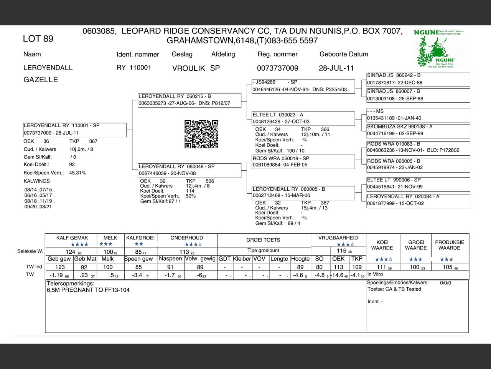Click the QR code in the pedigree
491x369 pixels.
click(x=201, y=134)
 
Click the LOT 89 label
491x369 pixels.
click(x=38, y=39)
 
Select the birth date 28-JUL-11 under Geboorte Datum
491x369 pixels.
click(x=336, y=68)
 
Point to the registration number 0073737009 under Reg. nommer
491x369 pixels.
click(x=277, y=68)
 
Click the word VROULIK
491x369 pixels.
click(x=188, y=68)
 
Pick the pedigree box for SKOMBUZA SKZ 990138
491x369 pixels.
click(x=418, y=130)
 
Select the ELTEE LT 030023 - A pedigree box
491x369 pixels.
click(x=303, y=118)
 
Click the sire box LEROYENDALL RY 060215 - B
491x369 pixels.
click(x=189, y=100)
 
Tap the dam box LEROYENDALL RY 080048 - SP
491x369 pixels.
click(x=189, y=170)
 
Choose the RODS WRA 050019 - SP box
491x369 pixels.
click(x=303, y=162)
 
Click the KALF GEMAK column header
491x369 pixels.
click(x=72, y=238)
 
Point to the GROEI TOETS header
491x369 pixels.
click(x=263, y=240)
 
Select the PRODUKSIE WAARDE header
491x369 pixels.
click(x=449, y=245)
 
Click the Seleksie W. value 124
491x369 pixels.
click(x=71, y=252)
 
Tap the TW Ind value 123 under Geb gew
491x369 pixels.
click(x=60, y=267)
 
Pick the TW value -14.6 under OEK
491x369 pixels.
click(x=338, y=275)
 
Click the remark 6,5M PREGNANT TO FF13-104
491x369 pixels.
click(x=88, y=290)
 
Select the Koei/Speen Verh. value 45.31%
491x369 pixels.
click(x=77, y=173)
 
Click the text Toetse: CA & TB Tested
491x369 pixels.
click(x=394, y=289)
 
